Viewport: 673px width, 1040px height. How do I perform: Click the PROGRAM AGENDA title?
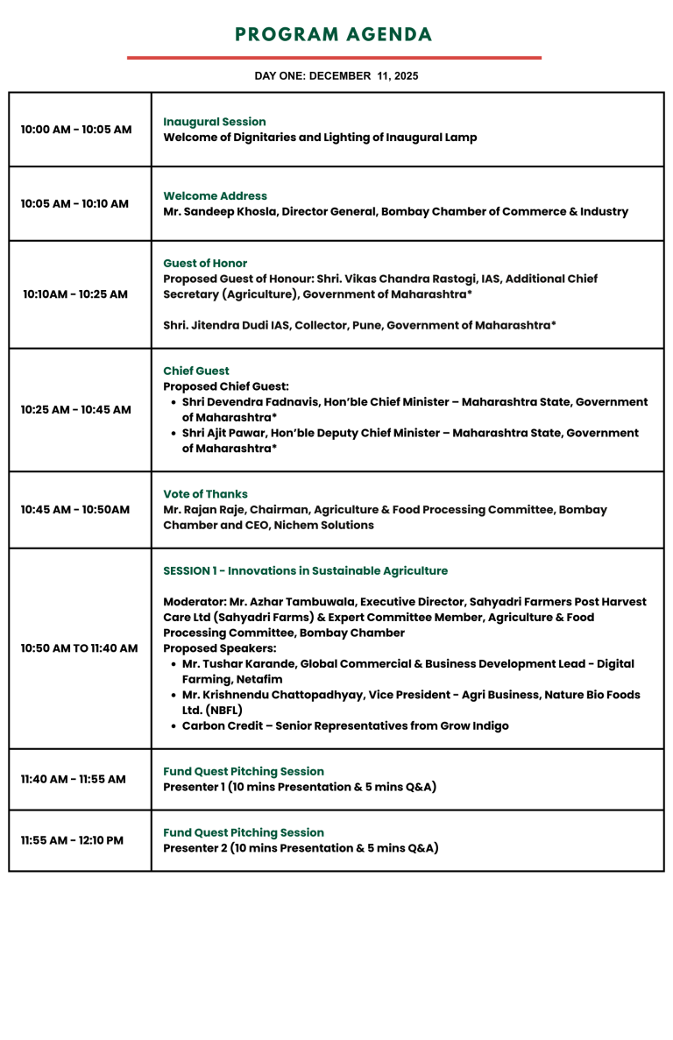[x=334, y=35]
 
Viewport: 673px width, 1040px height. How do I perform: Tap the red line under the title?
[x=334, y=58]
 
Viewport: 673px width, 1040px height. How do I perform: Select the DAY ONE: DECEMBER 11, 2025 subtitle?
[x=336, y=76]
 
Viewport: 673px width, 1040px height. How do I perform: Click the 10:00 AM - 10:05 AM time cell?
[x=76, y=130]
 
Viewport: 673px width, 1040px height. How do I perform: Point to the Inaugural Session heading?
[x=215, y=122]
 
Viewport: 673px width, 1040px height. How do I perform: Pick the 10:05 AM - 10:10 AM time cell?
[x=74, y=204]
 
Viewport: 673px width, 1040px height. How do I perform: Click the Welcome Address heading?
[x=215, y=196]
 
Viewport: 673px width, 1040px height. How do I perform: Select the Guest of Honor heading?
[x=205, y=264]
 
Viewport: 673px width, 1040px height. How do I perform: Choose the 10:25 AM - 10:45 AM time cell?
[x=76, y=410]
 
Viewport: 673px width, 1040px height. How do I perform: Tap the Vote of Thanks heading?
[x=205, y=494]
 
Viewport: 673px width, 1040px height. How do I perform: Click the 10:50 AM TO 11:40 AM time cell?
[x=79, y=649]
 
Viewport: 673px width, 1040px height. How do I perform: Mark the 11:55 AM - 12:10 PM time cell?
[x=72, y=841]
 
